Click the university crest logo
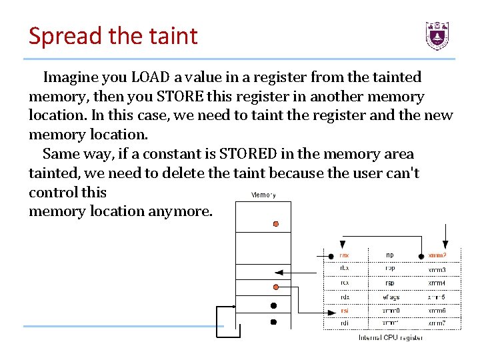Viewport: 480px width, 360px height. point(437,35)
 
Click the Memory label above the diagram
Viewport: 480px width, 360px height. point(263,195)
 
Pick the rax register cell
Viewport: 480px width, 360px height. point(344,255)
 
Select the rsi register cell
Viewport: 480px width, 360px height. point(344,310)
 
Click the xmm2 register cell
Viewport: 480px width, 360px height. point(437,255)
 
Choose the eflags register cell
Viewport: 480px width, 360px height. point(389,297)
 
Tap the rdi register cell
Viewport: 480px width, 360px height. point(344,323)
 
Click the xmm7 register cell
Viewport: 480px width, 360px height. point(437,323)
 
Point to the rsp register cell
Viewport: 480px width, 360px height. point(389,283)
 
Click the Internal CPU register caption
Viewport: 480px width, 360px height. point(391,337)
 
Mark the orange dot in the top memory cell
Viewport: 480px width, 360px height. point(276,225)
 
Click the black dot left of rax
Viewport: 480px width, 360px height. point(331,255)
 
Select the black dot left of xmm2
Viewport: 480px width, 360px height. point(421,255)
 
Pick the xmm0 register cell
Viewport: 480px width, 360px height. point(389,310)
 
